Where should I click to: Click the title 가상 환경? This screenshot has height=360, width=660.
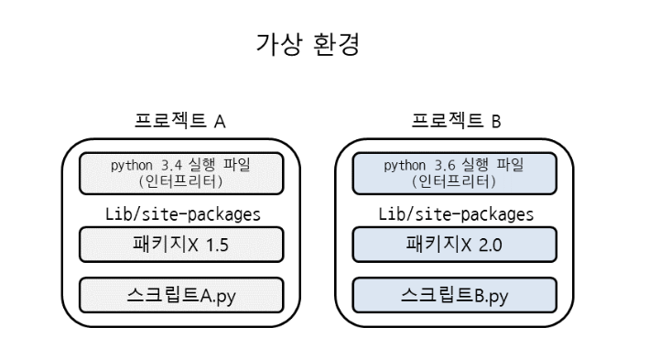[x=308, y=44]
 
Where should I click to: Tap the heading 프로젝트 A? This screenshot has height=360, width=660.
[x=180, y=121]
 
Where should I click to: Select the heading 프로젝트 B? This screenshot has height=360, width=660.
[x=456, y=121]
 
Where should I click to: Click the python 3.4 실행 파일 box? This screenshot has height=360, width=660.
[x=181, y=173]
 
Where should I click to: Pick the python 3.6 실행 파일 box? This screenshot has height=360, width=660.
[x=455, y=173]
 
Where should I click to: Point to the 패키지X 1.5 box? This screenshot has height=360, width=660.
[x=181, y=245]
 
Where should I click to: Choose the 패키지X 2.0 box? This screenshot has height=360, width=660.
[x=455, y=245]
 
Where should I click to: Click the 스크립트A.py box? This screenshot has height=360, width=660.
[x=181, y=295]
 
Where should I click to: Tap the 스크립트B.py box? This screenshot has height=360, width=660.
[x=455, y=295]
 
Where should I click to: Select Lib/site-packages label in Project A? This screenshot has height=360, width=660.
[x=183, y=214]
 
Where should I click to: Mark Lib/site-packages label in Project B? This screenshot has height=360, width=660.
[x=456, y=214]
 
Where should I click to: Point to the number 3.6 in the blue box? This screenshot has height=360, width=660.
[x=445, y=165]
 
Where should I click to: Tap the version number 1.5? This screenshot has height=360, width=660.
[x=217, y=245]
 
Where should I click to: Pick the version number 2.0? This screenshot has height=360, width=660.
[x=490, y=245]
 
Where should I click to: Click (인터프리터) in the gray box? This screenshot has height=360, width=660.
[x=181, y=182]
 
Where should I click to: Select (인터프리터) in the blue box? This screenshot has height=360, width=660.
[x=454, y=182]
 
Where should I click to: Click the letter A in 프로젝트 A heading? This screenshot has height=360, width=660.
[x=220, y=122]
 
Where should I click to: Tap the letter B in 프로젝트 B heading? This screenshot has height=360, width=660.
[x=496, y=122]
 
